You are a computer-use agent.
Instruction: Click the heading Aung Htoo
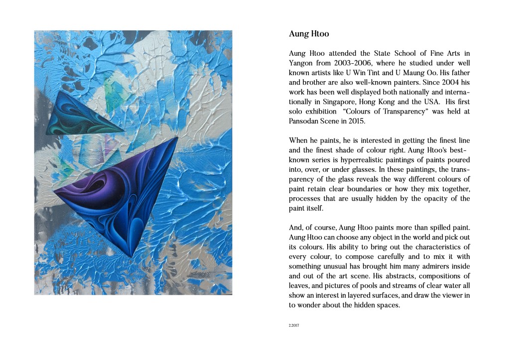309,34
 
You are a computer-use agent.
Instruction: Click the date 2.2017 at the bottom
293,326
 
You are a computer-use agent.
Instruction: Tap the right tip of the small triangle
124,132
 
